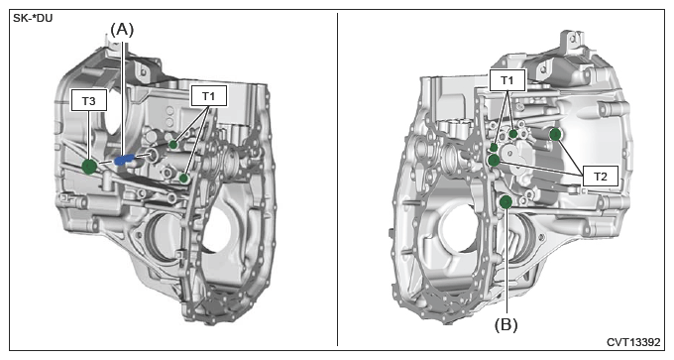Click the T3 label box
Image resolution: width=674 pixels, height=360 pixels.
click(x=88, y=100)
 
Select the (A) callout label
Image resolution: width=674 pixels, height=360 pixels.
click(x=122, y=29)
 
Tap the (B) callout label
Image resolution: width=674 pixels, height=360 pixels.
click(x=505, y=324)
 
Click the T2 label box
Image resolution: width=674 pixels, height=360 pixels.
click(x=600, y=176)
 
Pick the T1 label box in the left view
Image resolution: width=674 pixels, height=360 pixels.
click(x=208, y=96)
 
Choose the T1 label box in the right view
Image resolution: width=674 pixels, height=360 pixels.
click(x=507, y=80)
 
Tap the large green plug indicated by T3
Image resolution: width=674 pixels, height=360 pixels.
click(x=89, y=167)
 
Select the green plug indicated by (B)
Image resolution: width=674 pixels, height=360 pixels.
click(x=505, y=201)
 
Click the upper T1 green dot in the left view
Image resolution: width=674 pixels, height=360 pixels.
click(x=173, y=145)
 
